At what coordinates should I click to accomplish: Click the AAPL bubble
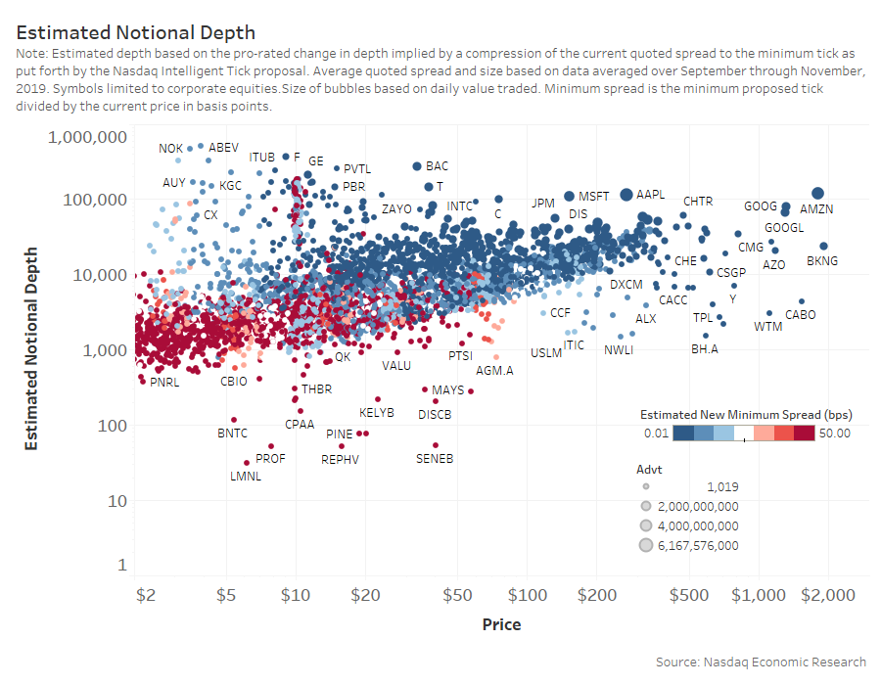(x=627, y=195)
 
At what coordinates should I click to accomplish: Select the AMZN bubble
(x=817, y=194)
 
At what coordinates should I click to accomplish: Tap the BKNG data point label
(x=822, y=261)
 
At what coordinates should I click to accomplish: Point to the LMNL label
(x=245, y=477)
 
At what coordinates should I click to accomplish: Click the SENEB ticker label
(x=435, y=458)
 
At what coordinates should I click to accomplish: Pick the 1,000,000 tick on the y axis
(x=87, y=137)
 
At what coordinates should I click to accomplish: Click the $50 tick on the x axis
(x=456, y=595)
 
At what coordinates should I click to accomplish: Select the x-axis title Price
(x=501, y=624)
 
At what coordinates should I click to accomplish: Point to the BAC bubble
(x=416, y=167)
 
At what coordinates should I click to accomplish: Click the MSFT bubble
(x=569, y=197)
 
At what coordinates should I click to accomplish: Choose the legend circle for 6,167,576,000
(x=646, y=545)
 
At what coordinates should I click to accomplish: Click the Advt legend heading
(x=649, y=470)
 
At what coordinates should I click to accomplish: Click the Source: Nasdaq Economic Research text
(x=761, y=662)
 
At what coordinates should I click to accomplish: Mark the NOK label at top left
(x=171, y=149)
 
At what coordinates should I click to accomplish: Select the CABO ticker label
(x=801, y=315)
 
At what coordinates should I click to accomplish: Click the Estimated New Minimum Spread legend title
(x=745, y=413)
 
